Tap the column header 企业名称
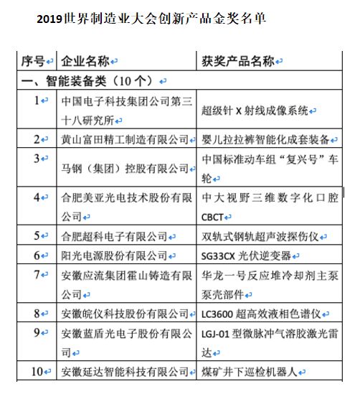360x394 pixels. click(x=85, y=60)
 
